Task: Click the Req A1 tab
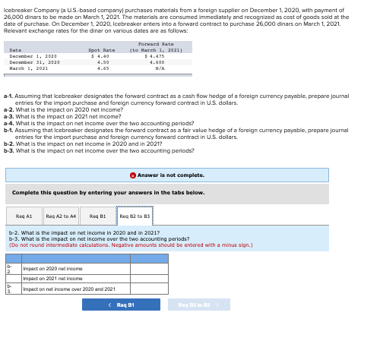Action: (x=24, y=216)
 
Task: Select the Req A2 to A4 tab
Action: (x=61, y=216)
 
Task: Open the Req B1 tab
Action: (x=97, y=216)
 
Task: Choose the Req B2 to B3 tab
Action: (x=135, y=216)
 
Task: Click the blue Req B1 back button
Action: (x=121, y=305)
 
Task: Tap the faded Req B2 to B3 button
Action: (x=198, y=305)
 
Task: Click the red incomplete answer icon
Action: (x=133, y=175)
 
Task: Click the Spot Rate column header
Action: (x=102, y=50)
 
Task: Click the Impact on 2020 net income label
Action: (x=52, y=269)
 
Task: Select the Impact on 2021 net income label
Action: (x=52, y=279)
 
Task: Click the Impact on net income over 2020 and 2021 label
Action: (x=69, y=289)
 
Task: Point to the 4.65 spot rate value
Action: (x=103, y=68)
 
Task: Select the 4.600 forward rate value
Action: (x=157, y=62)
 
